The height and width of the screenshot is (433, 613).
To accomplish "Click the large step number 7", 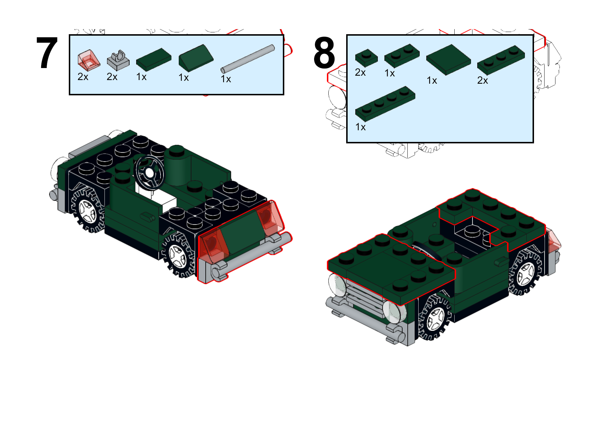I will (x=47, y=53).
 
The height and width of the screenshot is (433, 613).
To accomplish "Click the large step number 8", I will (x=324, y=53).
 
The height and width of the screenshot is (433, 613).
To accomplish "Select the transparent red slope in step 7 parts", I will (x=88, y=60).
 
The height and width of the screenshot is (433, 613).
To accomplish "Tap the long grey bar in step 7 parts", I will (x=248, y=59).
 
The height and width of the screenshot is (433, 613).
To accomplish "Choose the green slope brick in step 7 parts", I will (x=195, y=58).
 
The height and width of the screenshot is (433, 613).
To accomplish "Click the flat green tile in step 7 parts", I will (x=154, y=59).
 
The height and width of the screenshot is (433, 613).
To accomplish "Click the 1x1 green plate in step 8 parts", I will (x=366, y=57).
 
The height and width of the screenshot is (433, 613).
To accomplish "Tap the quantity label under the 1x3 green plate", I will (x=482, y=80).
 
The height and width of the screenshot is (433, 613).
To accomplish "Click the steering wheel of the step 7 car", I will (x=149, y=172).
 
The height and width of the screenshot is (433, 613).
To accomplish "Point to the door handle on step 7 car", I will (x=147, y=217).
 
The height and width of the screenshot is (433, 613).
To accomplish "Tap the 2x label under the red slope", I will (x=83, y=77).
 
